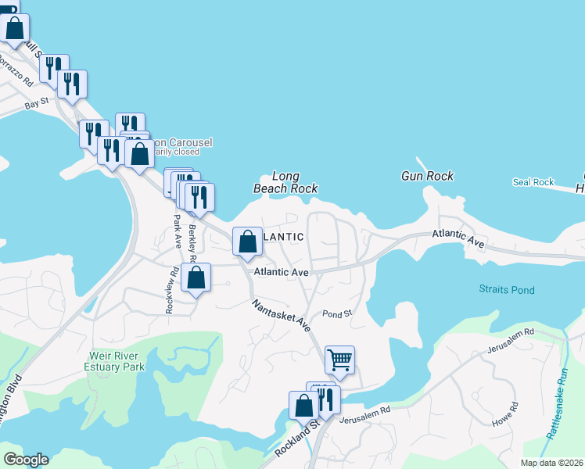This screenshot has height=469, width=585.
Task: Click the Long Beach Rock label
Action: coord(285,182)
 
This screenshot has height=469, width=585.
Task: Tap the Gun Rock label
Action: coord(427,176)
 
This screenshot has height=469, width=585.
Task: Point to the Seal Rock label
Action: coord(533,182)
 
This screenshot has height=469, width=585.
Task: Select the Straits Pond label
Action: coord(507,290)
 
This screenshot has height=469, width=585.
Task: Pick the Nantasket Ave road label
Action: coord(282,315)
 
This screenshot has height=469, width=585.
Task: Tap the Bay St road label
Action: coord(37,102)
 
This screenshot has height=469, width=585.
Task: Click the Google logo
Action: coord(26,460)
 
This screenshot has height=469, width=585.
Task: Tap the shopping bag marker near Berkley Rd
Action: coord(196,277)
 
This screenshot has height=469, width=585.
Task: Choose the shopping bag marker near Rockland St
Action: coord(303,406)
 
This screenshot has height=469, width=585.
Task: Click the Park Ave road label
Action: coord(178,231)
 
